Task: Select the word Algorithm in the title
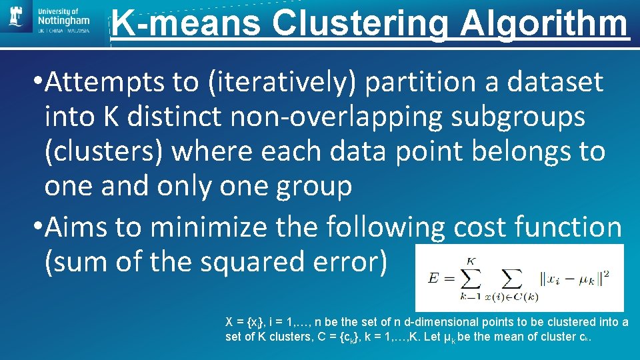(x=544, y=24)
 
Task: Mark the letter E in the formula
(x=433, y=278)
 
